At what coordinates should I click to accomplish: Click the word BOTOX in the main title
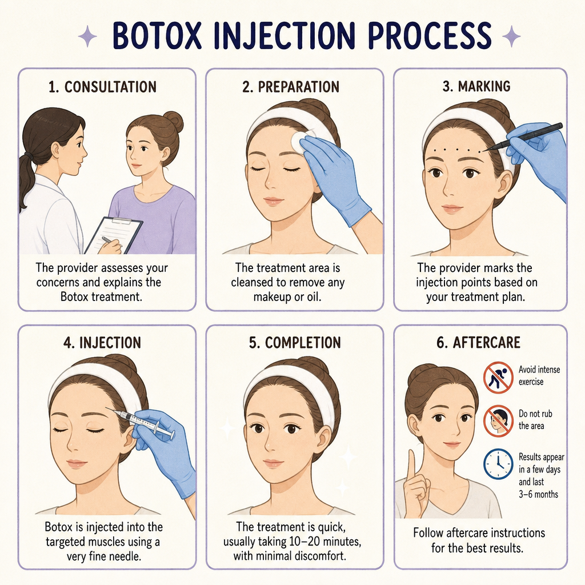(157, 36)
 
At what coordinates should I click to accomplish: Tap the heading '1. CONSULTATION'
(103, 87)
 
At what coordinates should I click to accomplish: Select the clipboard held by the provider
(114, 235)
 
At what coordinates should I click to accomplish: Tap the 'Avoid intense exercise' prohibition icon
(498, 377)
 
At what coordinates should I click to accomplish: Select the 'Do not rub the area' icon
(498, 421)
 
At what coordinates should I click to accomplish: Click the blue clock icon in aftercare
(498, 464)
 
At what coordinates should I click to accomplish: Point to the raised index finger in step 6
(411, 464)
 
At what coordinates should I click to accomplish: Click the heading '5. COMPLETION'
(295, 343)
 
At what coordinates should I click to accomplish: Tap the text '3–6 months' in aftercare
(538, 494)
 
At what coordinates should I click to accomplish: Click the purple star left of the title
(88, 36)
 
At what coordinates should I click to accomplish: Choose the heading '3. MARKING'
(476, 87)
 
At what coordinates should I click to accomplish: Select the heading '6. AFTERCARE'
(478, 343)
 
